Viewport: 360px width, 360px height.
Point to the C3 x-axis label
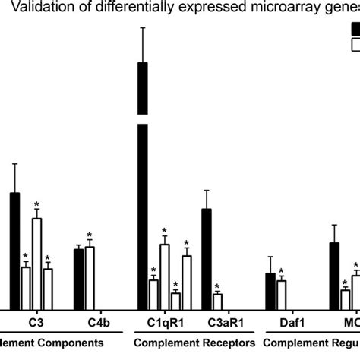[x=36, y=322]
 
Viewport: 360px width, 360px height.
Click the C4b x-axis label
[x=84, y=322]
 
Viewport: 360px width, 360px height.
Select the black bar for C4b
[x=79, y=278]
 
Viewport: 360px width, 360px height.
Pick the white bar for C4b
[x=90, y=276]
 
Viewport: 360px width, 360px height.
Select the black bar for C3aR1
[x=207, y=258]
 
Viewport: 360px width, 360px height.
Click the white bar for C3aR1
[x=217, y=301]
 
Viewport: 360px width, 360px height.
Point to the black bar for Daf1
[x=270, y=290]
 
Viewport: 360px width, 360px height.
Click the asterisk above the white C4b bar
[x=90, y=235]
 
